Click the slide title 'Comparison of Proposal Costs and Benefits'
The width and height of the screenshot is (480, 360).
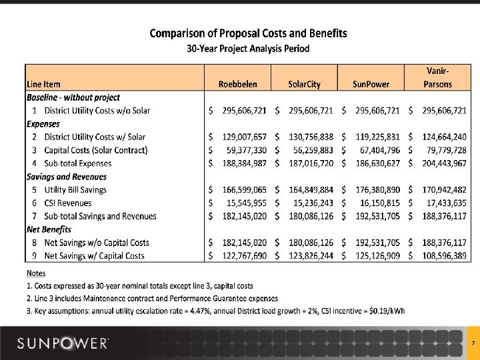click(x=247, y=33)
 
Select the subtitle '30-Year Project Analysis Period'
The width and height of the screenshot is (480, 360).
click(x=247, y=49)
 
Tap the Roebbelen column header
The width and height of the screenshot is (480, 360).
click(x=237, y=84)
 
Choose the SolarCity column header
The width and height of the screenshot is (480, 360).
click(x=304, y=84)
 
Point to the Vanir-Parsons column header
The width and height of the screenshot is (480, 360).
click(x=437, y=77)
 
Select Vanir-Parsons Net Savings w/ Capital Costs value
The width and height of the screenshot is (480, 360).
click(x=443, y=255)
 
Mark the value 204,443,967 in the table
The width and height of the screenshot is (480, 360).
click(x=443, y=163)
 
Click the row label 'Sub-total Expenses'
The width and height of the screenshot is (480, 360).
click(x=78, y=163)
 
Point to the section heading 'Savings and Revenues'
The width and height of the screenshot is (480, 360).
click(x=67, y=177)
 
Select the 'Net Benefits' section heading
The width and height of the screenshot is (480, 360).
click(x=49, y=229)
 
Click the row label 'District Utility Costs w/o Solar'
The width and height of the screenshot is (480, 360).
click(x=97, y=111)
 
